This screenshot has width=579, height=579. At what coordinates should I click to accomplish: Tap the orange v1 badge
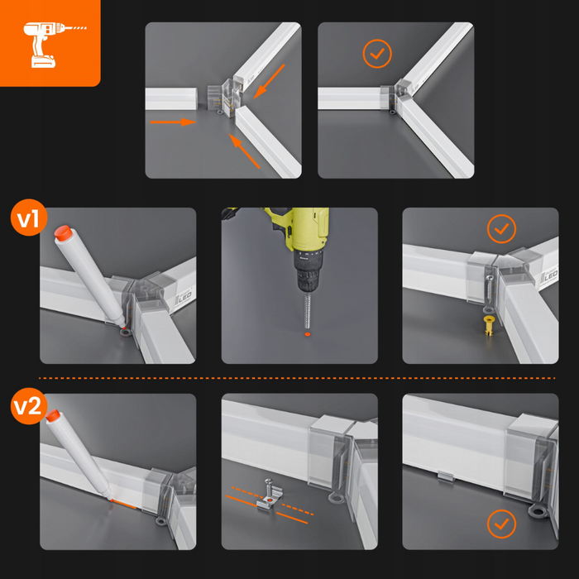pos(29,218)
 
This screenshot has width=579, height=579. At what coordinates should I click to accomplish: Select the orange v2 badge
pos(29,406)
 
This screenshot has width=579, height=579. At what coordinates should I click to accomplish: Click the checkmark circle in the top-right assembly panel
pos(377,54)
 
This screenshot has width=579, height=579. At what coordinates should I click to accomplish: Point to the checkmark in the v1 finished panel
pos(501,229)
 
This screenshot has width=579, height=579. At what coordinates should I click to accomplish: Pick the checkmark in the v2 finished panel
pos(501,524)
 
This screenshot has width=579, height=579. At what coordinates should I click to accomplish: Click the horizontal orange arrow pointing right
pos(173,122)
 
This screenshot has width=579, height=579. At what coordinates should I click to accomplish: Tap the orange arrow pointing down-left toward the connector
pos(269,82)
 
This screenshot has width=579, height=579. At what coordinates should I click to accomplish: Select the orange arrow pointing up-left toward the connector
pos(244,151)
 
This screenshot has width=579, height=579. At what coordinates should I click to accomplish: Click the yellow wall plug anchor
pos(489,325)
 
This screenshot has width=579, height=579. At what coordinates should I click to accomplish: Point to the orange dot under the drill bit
pos(307,334)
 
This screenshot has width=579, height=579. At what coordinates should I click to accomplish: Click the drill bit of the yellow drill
pos(308,309)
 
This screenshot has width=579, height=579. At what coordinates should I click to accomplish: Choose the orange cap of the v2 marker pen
pos(53,415)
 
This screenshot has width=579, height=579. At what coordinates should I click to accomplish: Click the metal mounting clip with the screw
pos(270,496)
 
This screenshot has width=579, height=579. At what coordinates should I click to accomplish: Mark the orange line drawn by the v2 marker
pos(124,504)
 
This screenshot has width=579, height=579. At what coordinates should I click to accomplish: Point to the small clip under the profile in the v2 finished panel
pos(446,476)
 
